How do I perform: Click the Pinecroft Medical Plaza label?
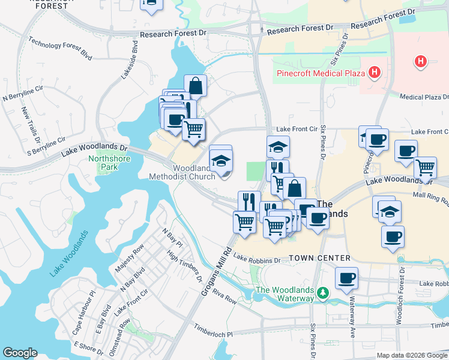321,74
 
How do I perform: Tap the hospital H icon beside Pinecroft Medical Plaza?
375,73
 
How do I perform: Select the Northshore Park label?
101,163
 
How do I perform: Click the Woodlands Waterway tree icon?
324,292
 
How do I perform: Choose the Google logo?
20,353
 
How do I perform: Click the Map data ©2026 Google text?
411,355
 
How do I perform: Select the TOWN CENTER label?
319,258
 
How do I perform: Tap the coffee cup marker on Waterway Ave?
347,278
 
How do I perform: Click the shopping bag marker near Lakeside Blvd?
196,86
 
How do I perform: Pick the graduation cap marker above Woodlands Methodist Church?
220,160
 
